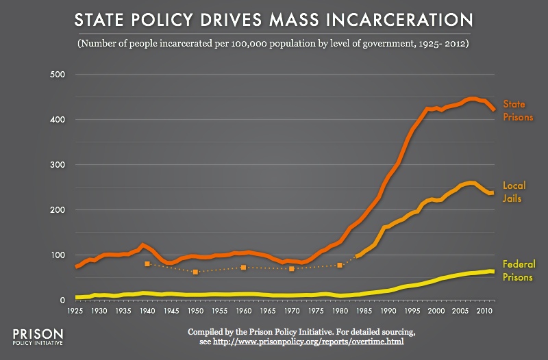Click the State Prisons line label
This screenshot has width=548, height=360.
[x=519, y=110]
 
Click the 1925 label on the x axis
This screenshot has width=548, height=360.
[x=75, y=311]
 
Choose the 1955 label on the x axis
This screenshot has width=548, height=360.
[x=220, y=311]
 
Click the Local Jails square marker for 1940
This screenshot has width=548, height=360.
[x=147, y=264]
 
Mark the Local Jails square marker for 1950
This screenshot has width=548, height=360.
[x=195, y=272]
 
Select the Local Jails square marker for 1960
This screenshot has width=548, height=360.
[x=243, y=268]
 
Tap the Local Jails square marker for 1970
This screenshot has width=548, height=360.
[x=292, y=269]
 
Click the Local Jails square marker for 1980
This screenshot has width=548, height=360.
[x=340, y=265]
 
